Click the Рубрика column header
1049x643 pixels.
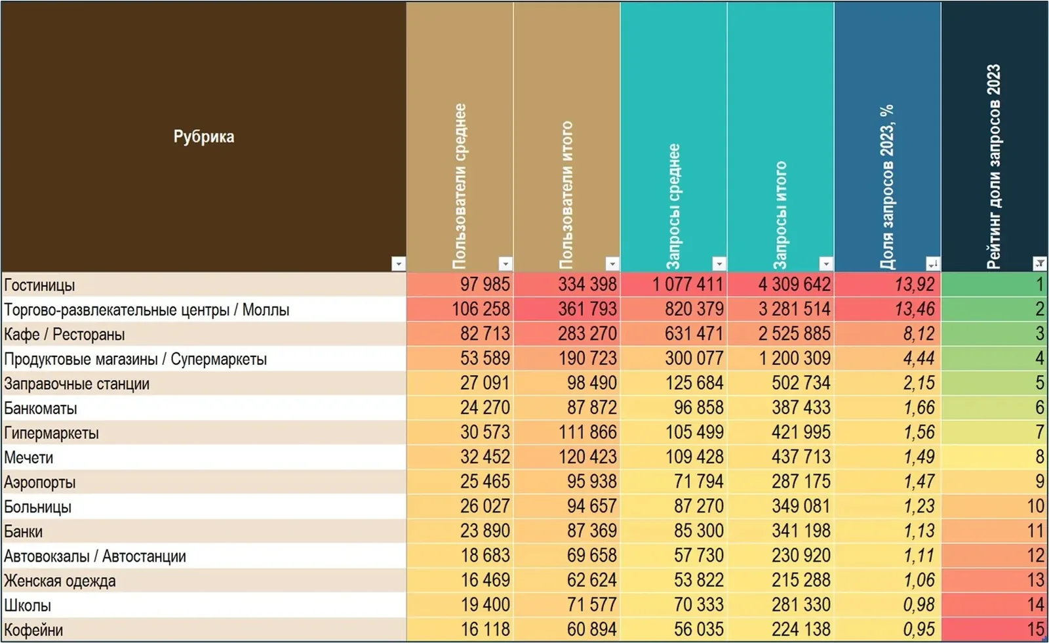tap(204, 136)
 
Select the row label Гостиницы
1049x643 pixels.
tap(39, 285)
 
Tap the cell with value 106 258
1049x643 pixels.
tap(481, 309)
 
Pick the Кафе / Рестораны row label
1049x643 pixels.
tap(65, 335)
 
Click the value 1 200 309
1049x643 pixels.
tap(795, 358)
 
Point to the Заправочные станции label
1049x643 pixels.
tap(77, 384)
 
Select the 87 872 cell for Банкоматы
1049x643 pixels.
tap(592, 407)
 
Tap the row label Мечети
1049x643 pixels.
tap(29, 457)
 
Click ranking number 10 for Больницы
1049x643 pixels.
tap(1035, 507)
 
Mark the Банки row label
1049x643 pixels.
tap(24, 531)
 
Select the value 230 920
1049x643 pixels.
tap(801, 556)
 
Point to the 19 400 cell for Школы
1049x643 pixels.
tap(485, 605)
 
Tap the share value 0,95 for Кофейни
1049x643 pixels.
tap(919, 630)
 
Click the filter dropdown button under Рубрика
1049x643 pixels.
tap(399, 264)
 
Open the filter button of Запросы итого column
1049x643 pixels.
tap(826, 264)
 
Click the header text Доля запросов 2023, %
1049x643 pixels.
tap(887, 187)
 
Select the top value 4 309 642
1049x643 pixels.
tap(795, 285)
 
